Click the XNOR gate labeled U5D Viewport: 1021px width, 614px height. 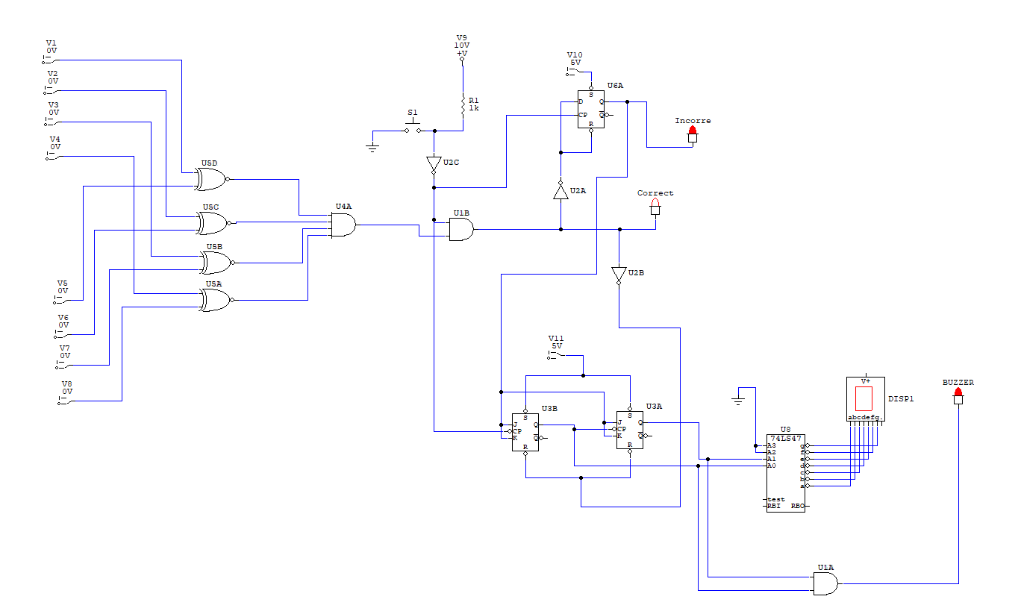click(x=210, y=179)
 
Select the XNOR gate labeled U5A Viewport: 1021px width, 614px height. click(x=215, y=300)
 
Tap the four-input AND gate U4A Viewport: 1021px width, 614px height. click(x=343, y=225)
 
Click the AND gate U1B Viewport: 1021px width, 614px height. click(x=460, y=230)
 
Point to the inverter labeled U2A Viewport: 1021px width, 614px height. click(x=561, y=191)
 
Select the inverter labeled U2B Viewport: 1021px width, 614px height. click(x=618, y=275)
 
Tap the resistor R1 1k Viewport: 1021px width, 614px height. click(x=463, y=107)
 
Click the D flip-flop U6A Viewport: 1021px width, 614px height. click(x=590, y=110)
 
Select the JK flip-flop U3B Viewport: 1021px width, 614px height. click(x=525, y=432)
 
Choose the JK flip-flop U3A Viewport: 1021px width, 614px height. click(x=629, y=430)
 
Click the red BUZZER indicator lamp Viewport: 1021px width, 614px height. click(x=958, y=396)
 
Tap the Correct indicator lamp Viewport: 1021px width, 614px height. click(x=655, y=207)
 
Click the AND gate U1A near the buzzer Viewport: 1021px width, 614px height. click(x=824, y=583)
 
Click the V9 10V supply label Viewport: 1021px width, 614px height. click(x=462, y=46)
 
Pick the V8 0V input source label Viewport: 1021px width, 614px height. click(x=67, y=388)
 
